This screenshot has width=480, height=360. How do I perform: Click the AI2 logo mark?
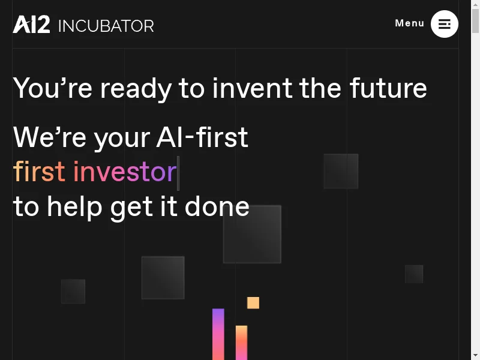[x=31, y=24]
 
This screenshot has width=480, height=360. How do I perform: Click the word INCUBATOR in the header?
[x=106, y=26]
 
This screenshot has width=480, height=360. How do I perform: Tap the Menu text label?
[x=410, y=23]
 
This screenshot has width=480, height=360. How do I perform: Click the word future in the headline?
[x=388, y=88]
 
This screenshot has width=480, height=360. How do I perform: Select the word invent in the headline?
[x=252, y=88]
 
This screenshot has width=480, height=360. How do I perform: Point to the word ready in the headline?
[x=136, y=89]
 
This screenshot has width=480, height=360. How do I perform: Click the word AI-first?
[x=202, y=137]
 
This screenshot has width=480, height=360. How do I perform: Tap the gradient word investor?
[x=125, y=171]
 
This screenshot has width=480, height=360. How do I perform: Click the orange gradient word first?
[x=39, y=171]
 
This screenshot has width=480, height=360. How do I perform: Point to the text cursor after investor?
[x=178, y=173]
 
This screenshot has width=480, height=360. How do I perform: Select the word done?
[x=217, y=206]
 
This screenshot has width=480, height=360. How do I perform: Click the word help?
[x=74, y=208]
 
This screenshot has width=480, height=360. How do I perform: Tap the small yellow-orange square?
[x=253, y=303]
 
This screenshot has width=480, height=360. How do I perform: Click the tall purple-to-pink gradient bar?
[x=218, y=334]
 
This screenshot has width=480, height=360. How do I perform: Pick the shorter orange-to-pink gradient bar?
[x=242, y=343]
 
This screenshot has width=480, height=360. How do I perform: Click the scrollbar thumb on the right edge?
[x=475, y=21]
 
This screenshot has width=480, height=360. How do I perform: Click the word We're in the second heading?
[x=50, y=137]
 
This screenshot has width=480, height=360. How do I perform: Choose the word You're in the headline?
[x=53, y=88]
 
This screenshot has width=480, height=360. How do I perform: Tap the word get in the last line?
[x=131, y=208]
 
